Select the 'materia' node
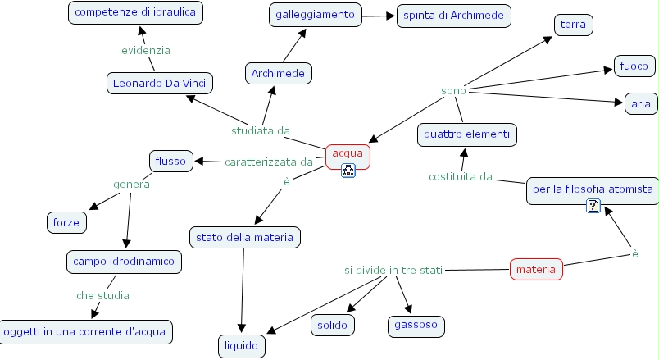point(536,269)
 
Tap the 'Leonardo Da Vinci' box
point(160,84)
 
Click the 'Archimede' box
point(278,74)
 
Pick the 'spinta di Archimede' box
point(453,16)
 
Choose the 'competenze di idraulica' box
point(135,12)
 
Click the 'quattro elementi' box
point(467,134)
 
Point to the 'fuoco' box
point(634,66)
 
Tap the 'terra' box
point(573,25)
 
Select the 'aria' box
point(641,104)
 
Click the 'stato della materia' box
point(244,238)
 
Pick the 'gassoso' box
point(416,325)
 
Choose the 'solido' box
point(333,325)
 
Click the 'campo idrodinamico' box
point(124,262)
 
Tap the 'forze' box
point(66,222)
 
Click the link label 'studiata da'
point(261,130)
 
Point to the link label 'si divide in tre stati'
point(393,270)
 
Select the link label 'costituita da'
point(460,176)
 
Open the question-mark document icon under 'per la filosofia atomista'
point(593,206)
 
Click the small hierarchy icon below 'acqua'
point(348,171)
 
